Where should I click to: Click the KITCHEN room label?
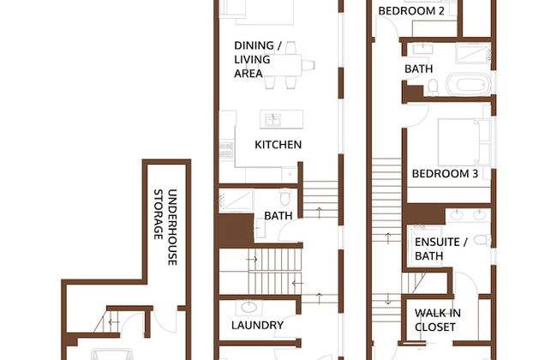(278, 145)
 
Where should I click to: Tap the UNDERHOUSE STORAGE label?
(165, 227)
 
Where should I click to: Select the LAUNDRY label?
(257, 325)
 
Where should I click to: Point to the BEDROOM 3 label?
(445, 174)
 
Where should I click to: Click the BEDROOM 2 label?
(411, 11)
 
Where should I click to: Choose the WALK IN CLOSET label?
(437, 320)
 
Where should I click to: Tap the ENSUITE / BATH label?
(440, 249)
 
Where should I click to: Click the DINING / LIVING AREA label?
(258, 59)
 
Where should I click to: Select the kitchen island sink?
(273, 120)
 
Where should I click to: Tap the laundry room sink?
(249, 306)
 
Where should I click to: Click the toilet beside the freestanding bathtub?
(433, 87)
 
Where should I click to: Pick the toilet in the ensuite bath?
(482, 240)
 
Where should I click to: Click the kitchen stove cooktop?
(226, 150)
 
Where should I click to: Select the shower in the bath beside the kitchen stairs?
(237, 201)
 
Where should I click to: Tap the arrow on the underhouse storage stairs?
(114, 322)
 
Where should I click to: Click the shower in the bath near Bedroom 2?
(473, 52)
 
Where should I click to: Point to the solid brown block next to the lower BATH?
(236, 230)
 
